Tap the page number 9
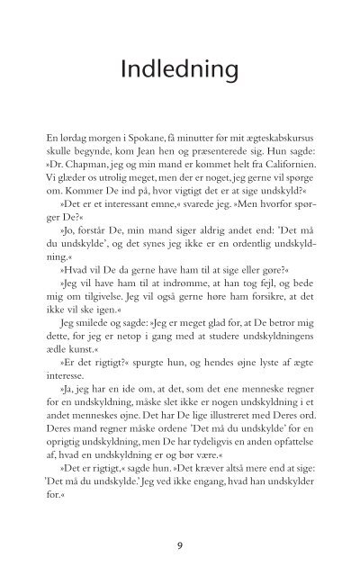(x=180, y=543)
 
